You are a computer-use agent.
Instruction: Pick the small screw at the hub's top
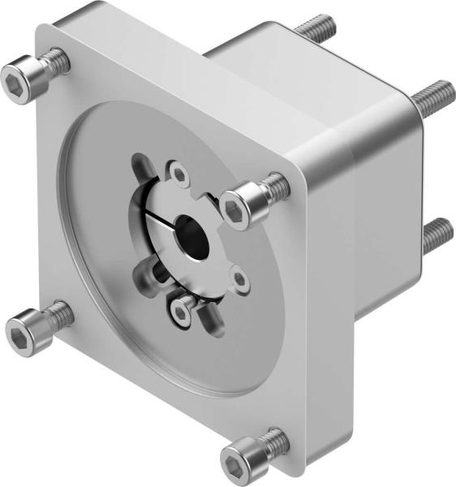pyautogui.click(x=179, y=172)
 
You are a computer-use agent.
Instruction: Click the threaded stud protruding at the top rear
pyautogui.click(x=318, y=26)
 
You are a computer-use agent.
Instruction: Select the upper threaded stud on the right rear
pyautogui.click(x=430, y=97)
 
